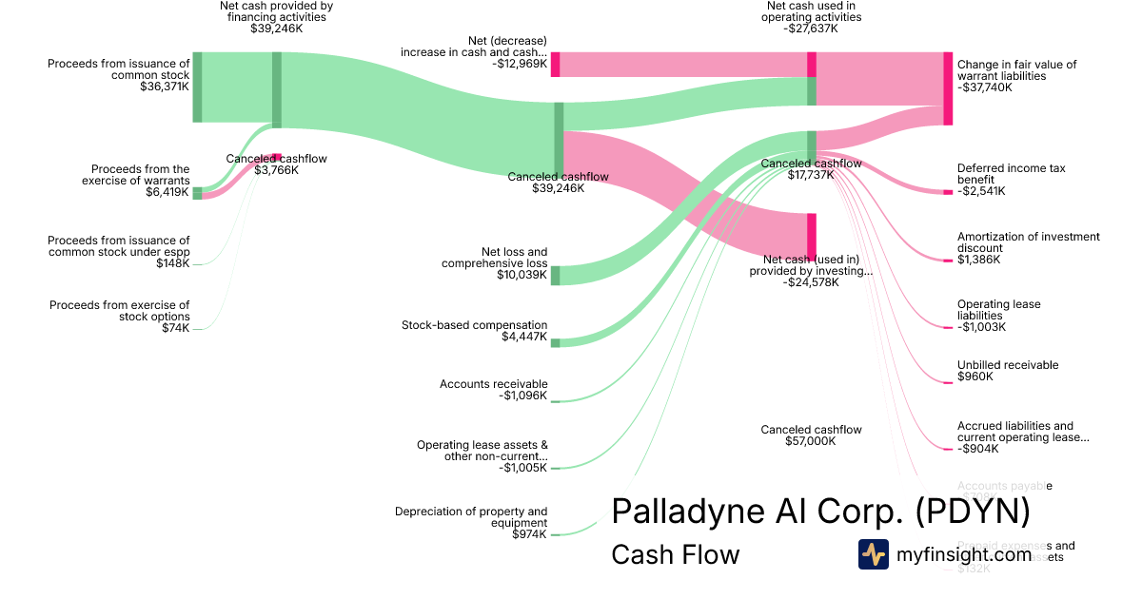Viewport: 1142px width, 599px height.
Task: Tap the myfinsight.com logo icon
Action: [873, 554]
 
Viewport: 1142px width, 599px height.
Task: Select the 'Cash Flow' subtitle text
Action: [675, 554]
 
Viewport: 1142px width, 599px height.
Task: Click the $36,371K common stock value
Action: [165, 87]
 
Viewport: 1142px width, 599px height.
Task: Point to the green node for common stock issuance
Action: [197, 87]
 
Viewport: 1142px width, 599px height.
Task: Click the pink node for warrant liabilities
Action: [948, 88]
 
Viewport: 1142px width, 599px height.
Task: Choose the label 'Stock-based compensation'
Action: [474, 325]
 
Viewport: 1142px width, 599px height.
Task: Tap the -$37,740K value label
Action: [985, 87]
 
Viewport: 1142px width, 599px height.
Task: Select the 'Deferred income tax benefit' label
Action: [1011, 174]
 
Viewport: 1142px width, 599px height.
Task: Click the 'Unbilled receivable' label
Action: [1008, 365]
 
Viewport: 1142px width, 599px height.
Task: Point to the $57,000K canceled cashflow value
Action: [811, 441]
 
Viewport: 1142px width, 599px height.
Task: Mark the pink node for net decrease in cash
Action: [556, 65]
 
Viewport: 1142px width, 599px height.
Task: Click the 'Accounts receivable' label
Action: [493, 384]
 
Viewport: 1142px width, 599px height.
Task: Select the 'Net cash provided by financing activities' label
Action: [276, 11]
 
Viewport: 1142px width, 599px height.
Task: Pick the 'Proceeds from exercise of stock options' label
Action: [120, 310]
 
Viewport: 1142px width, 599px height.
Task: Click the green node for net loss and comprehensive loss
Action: [556, 276]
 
